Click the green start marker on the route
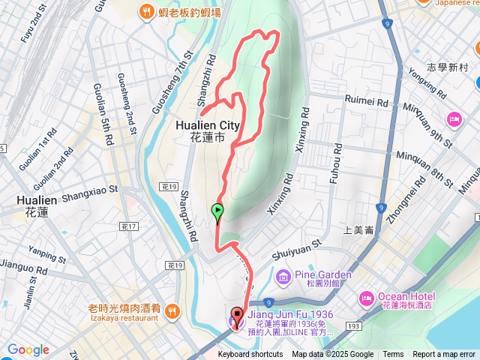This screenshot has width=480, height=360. (217, 212)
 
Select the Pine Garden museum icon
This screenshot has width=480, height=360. (283, 277)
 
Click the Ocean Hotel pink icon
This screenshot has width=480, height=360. (367, 298)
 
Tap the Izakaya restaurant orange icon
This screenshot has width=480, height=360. (172, 310)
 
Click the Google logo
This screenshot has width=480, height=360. (28, 349)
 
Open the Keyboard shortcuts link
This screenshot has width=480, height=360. (250, 355)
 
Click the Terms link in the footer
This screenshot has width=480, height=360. (393, 355)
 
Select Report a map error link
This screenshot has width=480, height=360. (444, 355)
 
